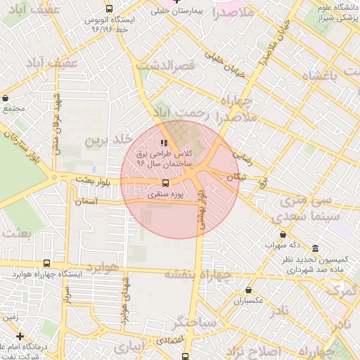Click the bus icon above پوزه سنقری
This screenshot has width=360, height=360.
[166, 185]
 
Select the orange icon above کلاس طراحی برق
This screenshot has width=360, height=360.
[164, 143]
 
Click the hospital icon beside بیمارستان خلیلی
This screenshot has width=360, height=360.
[159, 12]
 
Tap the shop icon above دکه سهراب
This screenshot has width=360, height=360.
[283, 235]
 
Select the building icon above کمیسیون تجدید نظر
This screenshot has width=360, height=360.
[314, 250]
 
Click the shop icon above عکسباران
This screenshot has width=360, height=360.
[248, 290]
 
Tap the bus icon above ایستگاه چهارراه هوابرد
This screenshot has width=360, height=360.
[46, 263]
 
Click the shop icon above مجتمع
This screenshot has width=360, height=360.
[6, 98]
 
